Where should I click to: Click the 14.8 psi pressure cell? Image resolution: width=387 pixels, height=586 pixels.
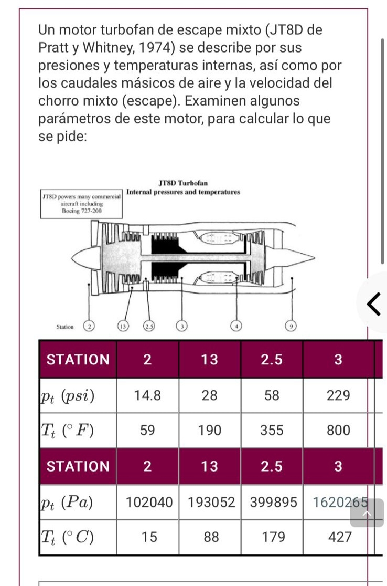click(x=147, y=395)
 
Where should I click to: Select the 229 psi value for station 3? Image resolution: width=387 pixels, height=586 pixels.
click(x=338, y=395)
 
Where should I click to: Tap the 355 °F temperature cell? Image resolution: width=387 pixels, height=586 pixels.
click(x=272, y=431)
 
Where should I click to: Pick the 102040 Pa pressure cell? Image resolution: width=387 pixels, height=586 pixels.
click(x=149, y=503)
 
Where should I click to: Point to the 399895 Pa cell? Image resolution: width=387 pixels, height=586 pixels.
click(x=272, y=503)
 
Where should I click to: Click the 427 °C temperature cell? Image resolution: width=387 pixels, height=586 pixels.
click(x=338, y=538)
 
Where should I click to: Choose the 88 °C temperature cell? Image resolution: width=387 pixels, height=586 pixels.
click(x=209, y=538)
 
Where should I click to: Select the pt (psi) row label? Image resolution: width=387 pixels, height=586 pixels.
click(x=68, y=395)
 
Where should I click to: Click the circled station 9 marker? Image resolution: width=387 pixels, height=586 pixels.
click(x=288, y=327)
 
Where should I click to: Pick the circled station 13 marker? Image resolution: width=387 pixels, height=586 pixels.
click(x=123, y=327)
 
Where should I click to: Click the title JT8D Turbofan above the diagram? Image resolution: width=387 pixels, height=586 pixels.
click(x=183, y=183)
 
